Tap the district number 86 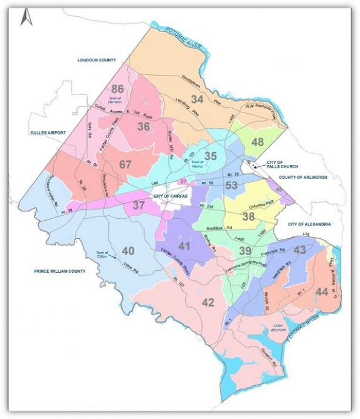coord(117,89)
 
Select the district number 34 coord(197,99)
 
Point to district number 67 coord(125,164)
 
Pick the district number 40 coord(128,250)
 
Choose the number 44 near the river coord(322,292)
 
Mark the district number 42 coord(208,302)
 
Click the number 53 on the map coord(231,185)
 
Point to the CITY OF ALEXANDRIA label coord(310,224)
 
